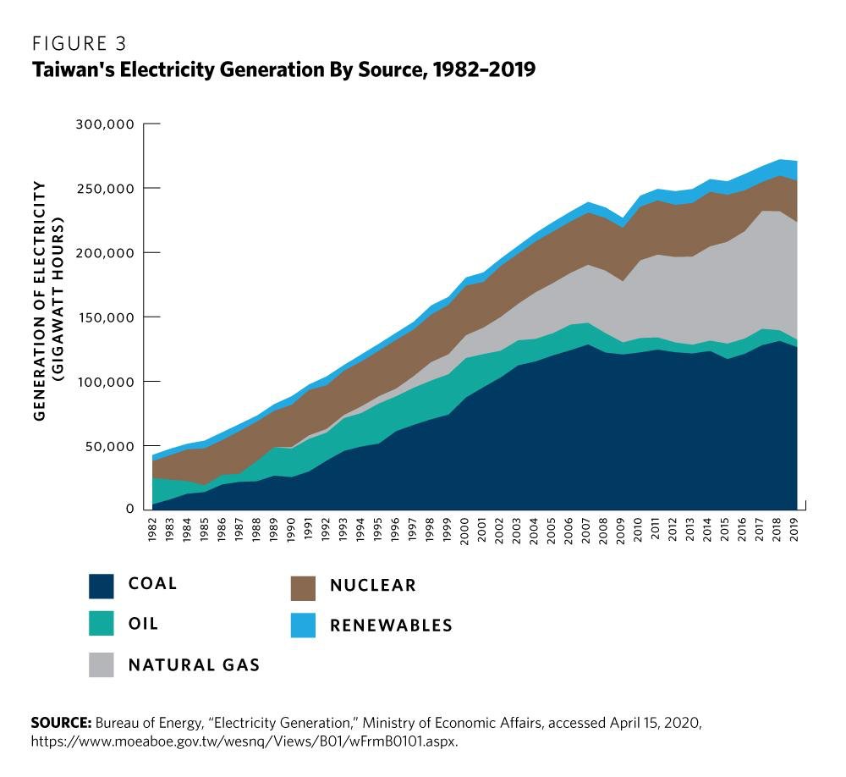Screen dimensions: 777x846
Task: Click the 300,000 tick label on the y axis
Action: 106,124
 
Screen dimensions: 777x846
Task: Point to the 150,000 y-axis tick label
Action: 106,317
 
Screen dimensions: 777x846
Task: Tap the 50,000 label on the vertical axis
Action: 109,446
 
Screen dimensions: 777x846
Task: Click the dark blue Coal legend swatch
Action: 101,587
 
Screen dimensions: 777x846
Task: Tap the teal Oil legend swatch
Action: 101,625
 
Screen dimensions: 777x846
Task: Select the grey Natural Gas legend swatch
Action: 101,665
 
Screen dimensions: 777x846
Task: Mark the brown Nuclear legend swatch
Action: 302,587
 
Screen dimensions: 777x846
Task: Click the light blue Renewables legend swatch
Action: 302,625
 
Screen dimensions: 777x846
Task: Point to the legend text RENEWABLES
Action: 391,626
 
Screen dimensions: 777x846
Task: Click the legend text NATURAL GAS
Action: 194,665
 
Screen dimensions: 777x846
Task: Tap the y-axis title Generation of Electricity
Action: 40,300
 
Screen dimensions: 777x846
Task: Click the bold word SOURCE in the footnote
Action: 61,724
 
